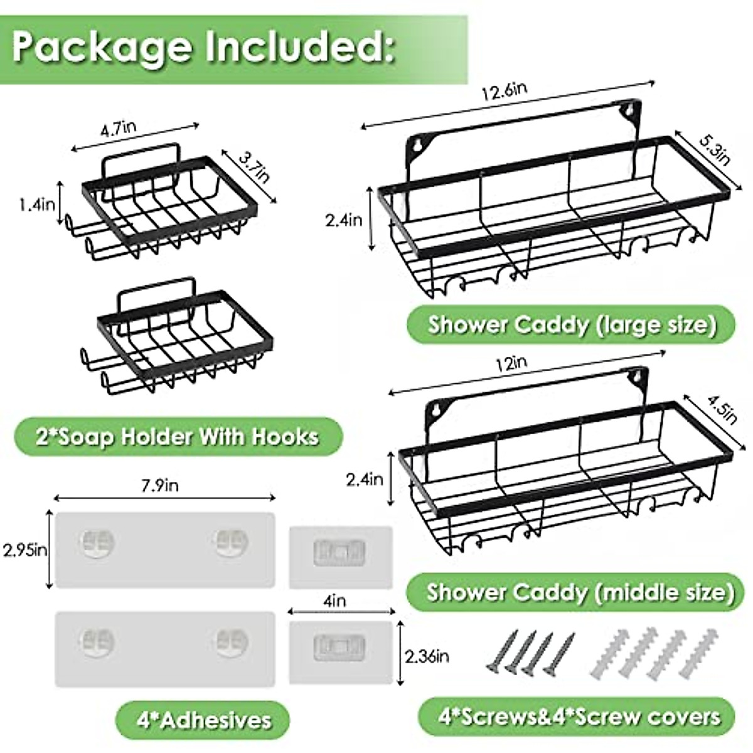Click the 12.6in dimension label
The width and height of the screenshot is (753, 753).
click(504, 91)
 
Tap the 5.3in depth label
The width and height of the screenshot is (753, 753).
click(713, 152)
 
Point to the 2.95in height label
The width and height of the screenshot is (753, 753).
click(25, 550)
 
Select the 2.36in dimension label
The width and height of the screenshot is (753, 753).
click(427, 657)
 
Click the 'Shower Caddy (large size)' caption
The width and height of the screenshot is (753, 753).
click(571, 325)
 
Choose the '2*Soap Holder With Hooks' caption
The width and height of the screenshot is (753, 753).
click(178, 436)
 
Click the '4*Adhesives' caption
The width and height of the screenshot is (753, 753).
click(203, 719)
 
